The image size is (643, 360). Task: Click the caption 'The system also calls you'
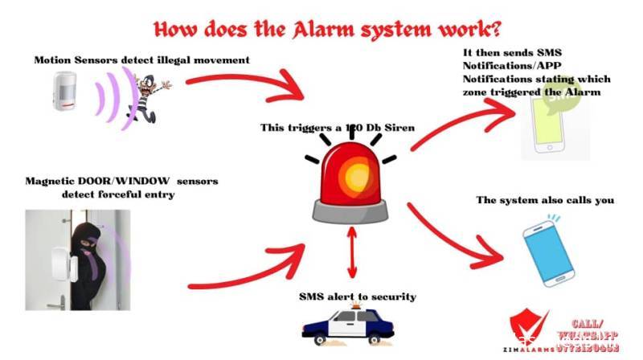pyautogui.click(x=545, y=200)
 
